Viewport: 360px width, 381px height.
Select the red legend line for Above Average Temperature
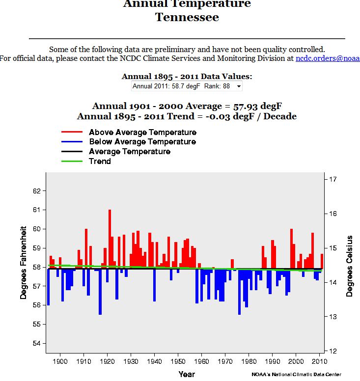pos(72,133)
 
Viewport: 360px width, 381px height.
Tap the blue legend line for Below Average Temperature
pos(72,142)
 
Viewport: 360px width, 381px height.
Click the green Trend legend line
pos(72,161)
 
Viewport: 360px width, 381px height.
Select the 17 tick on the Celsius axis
pos(332,180)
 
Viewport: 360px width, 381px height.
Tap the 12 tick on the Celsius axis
pos(332,351)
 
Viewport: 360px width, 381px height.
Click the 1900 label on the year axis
pos(60,362)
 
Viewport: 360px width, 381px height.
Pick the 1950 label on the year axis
pos(178,362)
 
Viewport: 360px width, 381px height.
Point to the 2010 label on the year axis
pos(319,362)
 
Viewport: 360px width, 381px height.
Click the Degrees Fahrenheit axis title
pos(24,263)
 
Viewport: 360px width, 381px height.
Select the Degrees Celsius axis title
pos(350,266)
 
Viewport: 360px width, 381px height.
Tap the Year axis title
pos(187,374)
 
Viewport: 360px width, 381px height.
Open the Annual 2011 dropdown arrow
pos(239,86)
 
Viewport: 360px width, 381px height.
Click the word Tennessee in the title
pos(187,17)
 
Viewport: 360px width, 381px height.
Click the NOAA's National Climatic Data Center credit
pos(296,374)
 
